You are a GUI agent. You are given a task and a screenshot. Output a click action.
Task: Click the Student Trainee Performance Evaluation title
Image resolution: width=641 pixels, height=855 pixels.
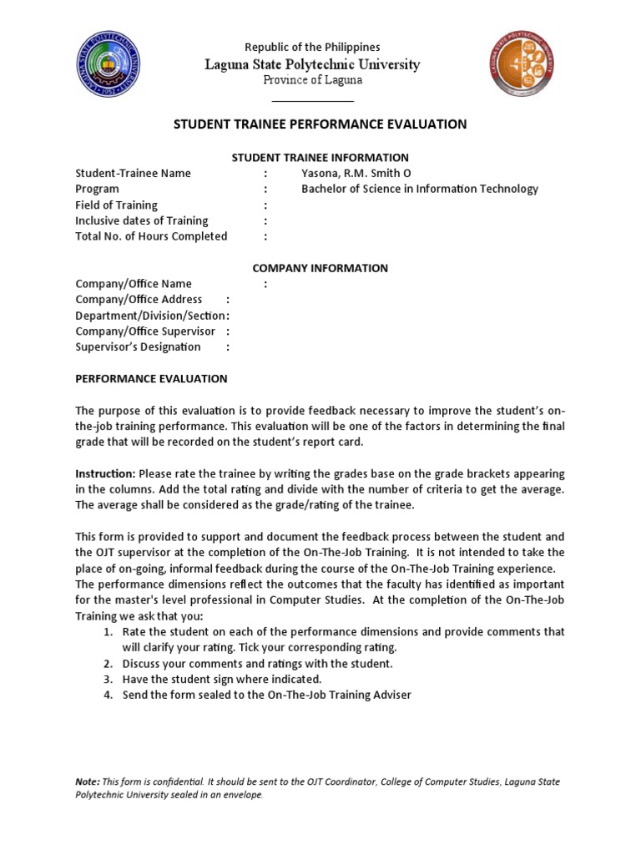[x=320, y=124]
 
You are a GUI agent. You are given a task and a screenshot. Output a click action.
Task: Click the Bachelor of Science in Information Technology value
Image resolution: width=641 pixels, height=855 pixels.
[x=419, y=189]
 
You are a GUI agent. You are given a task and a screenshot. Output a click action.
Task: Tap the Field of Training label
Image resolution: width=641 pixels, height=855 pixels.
[x=116, y=205]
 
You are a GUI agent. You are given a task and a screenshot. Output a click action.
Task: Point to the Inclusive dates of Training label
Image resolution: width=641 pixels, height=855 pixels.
[x=141, y=220]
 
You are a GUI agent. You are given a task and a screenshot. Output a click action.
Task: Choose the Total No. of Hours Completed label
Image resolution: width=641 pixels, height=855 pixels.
[x=151, y=236]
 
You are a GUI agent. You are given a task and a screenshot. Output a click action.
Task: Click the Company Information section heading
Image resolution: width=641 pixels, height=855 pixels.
[x=320, y=268]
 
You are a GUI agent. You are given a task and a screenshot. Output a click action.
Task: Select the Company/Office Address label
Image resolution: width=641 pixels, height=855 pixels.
[x=139, y=299]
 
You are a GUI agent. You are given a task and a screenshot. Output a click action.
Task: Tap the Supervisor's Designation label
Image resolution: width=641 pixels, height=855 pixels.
[x=138, y=347]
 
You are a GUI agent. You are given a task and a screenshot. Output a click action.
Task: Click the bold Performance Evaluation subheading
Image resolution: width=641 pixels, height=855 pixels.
[x=151, y=378]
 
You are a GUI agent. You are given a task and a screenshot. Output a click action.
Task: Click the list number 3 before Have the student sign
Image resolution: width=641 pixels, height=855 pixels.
[x=109, y=679]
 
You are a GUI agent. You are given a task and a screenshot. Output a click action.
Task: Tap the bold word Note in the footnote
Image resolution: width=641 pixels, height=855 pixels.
[x=87, y=782]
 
